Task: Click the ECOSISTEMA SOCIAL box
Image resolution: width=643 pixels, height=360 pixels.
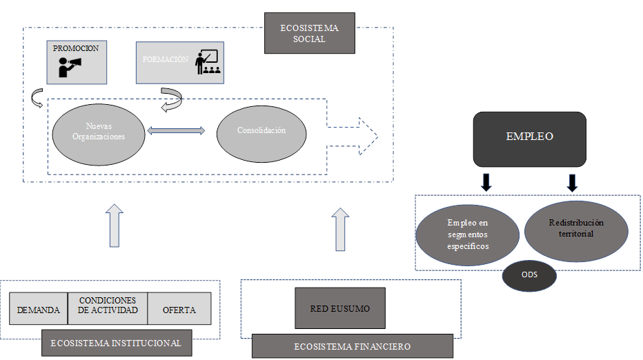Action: point(309,33)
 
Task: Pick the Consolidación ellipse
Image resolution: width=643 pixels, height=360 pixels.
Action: point(261,130)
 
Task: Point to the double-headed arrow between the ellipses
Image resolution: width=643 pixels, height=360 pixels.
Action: point(177,130)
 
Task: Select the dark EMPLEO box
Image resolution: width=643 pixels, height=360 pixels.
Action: point(529,138)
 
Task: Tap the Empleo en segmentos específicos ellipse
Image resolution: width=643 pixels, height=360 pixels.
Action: point(468,234)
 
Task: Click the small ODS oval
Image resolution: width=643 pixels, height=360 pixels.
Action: point(529,276)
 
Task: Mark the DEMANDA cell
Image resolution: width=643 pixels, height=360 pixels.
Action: point(39,310)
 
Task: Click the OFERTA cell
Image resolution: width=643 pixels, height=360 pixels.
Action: point(179,310)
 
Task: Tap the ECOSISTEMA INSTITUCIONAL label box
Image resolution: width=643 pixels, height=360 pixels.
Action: point(116,343)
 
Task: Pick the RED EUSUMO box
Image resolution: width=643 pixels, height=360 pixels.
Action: point(339,308)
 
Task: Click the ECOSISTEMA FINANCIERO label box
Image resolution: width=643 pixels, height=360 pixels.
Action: point(352,346)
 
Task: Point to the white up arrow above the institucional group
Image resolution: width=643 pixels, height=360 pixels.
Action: point(116,225)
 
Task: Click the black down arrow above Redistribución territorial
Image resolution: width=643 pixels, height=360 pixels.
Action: point(572,183)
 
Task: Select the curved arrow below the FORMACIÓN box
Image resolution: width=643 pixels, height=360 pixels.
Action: point(171,99)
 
